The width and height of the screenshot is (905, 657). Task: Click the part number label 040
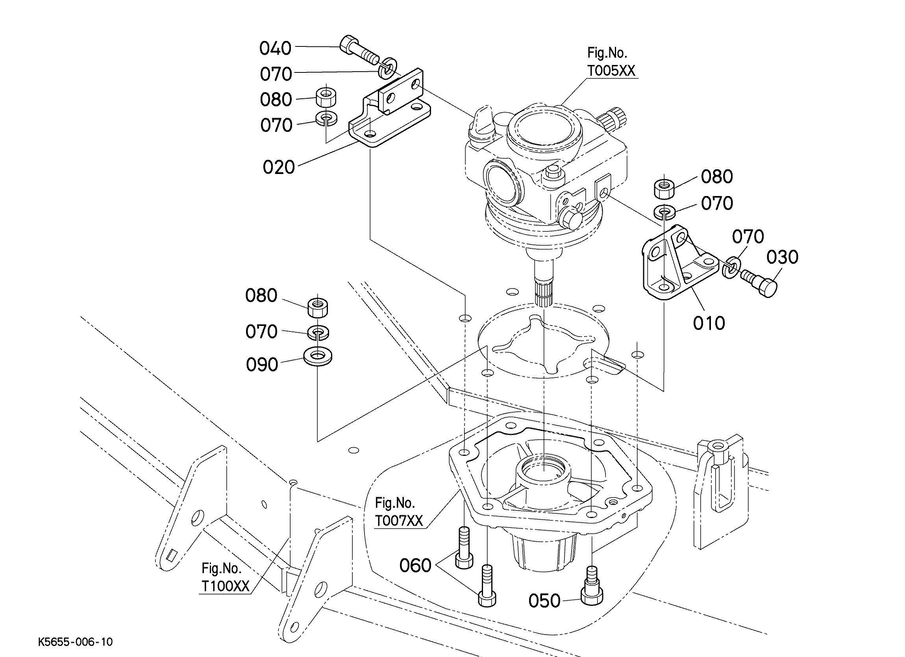(275, 48)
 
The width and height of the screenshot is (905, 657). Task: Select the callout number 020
(279, 167)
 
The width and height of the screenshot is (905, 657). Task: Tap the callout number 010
(709, 323)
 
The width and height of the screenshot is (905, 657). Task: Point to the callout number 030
(782, 257)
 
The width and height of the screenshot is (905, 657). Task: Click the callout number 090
(262, 365)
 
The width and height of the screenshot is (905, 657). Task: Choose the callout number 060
(415, 566)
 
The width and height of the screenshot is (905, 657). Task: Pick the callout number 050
(544, 601)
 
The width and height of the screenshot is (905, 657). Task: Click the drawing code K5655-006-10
(76, 642)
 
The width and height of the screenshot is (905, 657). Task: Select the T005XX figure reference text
(611, 70)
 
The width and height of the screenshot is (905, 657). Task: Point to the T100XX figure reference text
(226, 586)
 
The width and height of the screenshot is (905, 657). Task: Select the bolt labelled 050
(592, 585)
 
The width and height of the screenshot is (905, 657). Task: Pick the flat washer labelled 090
(318, 356)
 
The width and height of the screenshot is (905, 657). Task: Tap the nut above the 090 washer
(318, 307)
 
